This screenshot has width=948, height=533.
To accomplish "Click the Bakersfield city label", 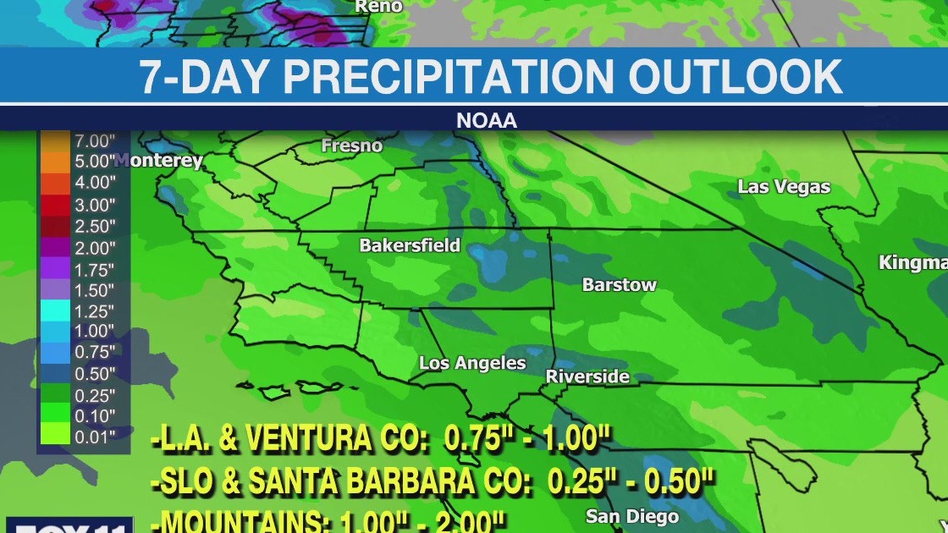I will point(410,245).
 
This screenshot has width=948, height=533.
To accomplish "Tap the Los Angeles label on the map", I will point(472,363).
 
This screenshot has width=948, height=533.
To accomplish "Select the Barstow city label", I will point(619,285).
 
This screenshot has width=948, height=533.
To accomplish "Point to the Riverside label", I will point(587,376).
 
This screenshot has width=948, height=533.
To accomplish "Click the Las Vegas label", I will point(784,187).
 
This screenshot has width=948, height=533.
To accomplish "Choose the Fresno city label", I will point(351,146).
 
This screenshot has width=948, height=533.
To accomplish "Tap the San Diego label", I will point(632,516).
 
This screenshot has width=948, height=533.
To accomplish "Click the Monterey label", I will point(161,161).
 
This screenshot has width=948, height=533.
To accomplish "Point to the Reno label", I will point(378,6).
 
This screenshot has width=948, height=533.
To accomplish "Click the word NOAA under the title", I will point(486,121).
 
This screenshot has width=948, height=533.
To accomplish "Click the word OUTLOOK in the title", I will point(736,77).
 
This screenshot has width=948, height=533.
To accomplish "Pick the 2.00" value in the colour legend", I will point(95,248).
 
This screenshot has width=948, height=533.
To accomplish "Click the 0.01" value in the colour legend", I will point(95,437).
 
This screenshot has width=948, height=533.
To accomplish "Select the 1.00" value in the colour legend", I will point(95,332).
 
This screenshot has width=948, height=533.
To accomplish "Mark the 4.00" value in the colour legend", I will point(95,183).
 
